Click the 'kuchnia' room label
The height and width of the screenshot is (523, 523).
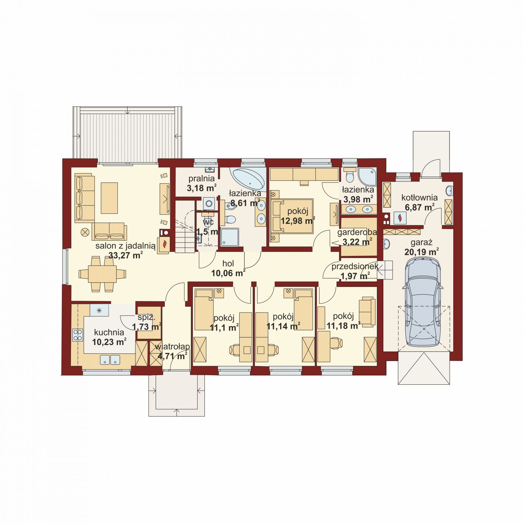tap(109, 332)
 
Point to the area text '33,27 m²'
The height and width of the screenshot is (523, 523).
tap(126, 256)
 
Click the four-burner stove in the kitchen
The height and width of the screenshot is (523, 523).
tap(78, 335)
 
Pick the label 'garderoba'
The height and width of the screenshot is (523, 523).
tap(357, 232)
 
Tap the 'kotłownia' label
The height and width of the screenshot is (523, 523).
tap(419, 197)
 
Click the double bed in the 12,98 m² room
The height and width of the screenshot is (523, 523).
tap(292, 216)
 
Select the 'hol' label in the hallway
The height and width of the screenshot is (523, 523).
tap(228, 264)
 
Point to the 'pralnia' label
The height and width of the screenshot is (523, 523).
tap(202, 179)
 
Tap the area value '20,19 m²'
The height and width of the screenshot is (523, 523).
tap(422, 252)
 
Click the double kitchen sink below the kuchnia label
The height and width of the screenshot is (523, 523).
tap(110, 360)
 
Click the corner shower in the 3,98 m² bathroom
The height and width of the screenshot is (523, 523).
tap(367, 177)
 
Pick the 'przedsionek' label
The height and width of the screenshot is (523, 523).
tap(355, 266)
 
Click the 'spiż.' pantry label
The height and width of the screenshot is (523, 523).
tap(146, 318)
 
